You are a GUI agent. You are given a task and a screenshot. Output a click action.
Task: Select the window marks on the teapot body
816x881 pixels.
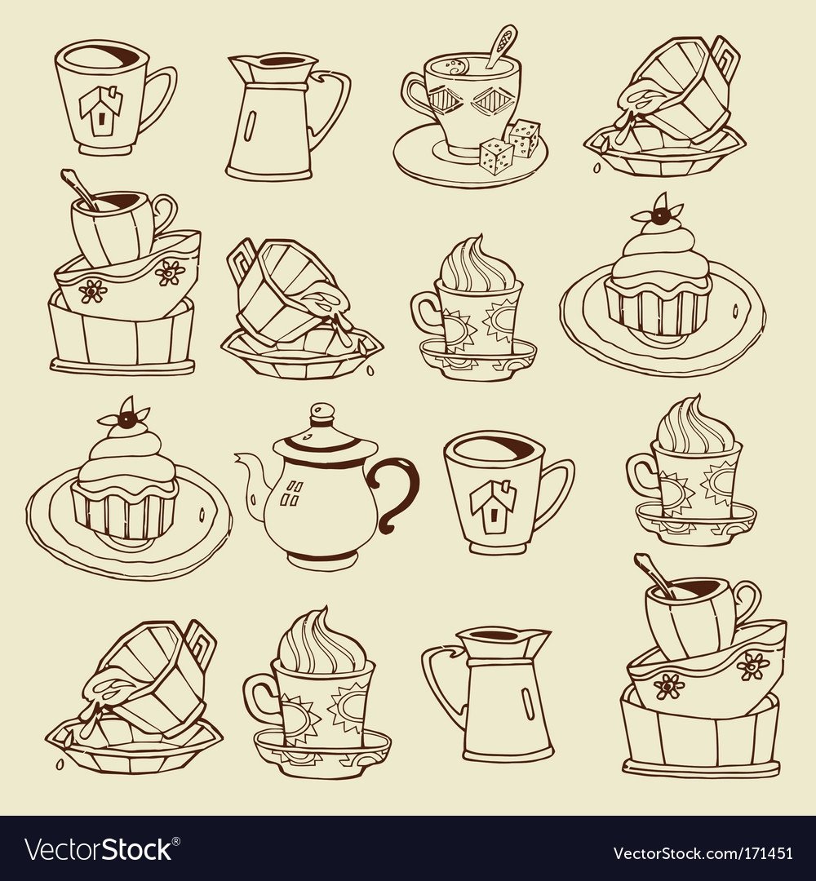point(294,494)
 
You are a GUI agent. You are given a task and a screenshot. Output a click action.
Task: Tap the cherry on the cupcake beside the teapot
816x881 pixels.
point(129,420)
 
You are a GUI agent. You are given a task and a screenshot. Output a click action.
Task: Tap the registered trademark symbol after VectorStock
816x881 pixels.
point(176,841)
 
